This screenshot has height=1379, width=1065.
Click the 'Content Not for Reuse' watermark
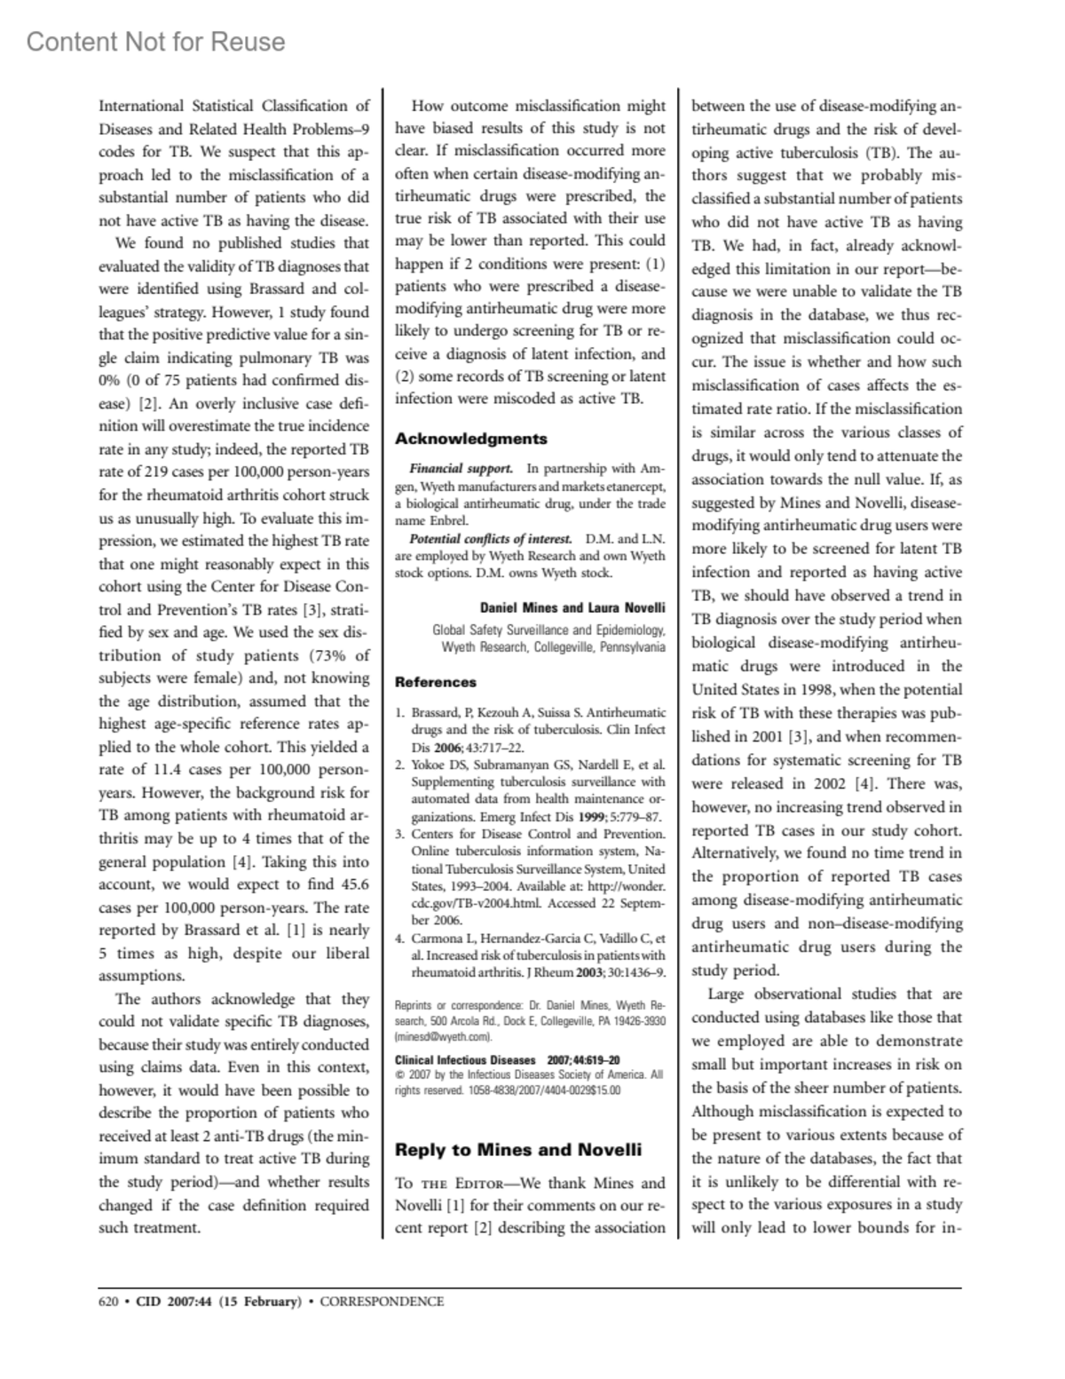tap(156, 42)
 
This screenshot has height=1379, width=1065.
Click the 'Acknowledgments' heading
tap(470, 439)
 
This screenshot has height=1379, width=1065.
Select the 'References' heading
tap(435, 682)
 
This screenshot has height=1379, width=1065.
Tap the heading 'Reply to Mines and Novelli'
tap(517, 1150)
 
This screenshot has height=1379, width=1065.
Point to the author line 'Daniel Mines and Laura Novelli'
tap(572, 608)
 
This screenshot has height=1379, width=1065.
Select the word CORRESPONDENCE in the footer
tap(382, 1302)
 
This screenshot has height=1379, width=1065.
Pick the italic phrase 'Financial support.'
tap(461, 468)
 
